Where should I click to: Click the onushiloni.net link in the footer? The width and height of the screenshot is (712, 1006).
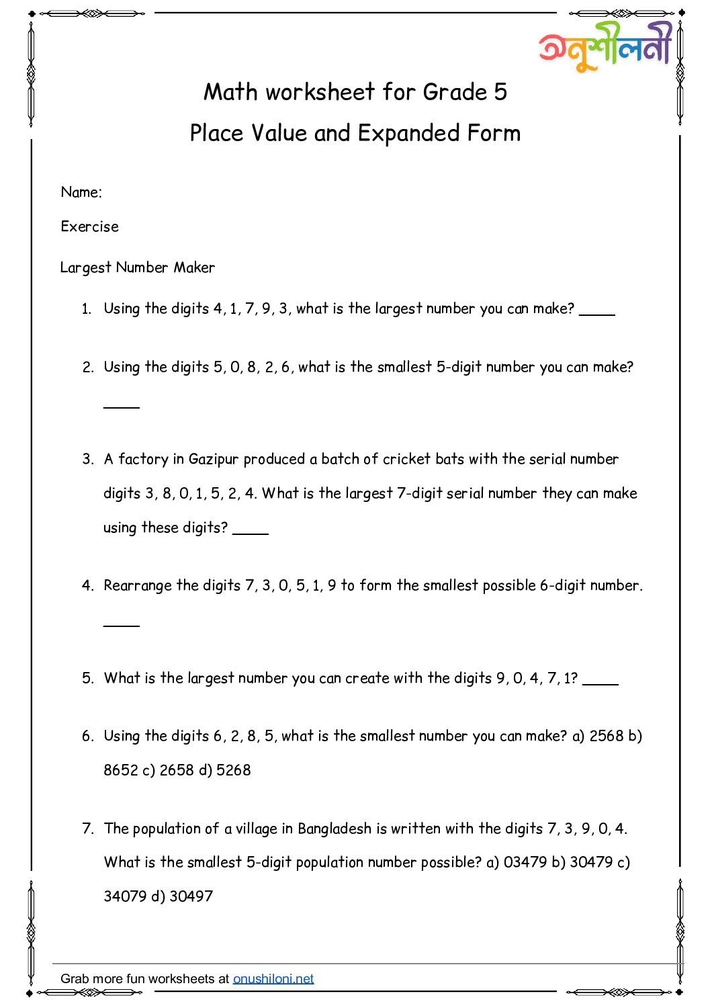273,978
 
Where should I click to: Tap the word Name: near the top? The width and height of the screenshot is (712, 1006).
81,192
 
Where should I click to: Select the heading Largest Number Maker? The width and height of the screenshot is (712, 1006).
138,267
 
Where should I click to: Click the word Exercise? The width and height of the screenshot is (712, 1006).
89,226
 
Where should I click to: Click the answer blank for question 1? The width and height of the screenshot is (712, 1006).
597,312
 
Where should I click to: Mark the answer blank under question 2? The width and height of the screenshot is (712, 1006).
122,406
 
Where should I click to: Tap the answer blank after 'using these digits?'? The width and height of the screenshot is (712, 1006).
251,532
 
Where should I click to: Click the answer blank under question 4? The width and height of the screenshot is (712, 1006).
122,624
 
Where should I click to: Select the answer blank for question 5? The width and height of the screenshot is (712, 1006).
600,682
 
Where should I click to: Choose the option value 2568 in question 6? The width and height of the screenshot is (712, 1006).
607,736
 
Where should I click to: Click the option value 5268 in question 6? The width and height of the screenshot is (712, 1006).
234,770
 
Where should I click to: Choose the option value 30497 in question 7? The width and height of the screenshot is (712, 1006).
191,896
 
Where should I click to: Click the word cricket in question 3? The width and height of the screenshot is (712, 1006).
407,459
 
